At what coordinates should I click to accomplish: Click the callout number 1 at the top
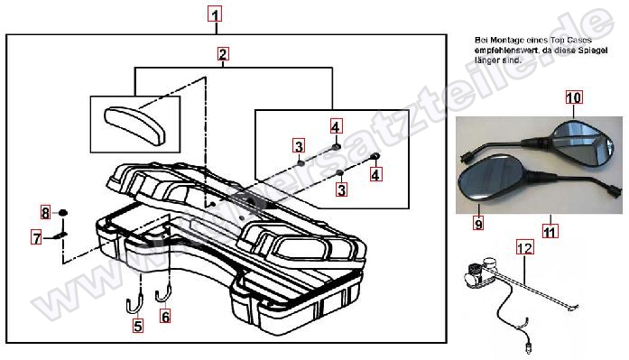[215, 14]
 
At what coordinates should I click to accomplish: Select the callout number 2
[222, 53]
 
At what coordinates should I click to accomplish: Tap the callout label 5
[138, 328]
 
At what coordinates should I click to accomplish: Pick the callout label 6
[165, 316]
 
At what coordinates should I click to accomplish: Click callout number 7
[36, 238]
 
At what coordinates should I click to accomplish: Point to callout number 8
[44, 213]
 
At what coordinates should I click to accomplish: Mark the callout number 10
[574, 96]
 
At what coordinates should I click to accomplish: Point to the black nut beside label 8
[64, 212]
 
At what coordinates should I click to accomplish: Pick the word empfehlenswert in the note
[501, 51]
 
